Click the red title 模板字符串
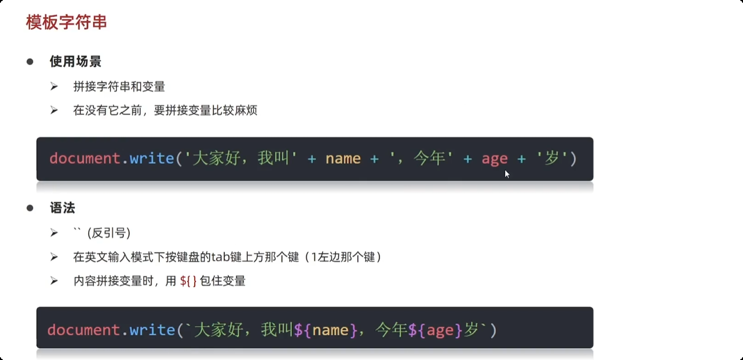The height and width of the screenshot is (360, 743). tap(66, 22)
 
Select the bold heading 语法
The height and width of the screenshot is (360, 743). tap(62, 208)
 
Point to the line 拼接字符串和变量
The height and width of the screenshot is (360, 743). tap(119, 86)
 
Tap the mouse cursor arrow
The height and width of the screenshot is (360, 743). tap(507, 173)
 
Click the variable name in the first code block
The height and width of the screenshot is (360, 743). tap(343, 159)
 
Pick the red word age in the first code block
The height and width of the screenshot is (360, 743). tap(495, 159)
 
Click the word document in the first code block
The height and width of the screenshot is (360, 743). tap(84, 159)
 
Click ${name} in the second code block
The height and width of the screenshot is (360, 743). tap(326, 330)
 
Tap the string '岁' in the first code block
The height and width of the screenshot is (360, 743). tap(552, 159)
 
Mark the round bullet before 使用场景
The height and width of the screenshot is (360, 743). tap(30, 62)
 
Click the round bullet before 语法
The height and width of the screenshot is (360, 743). tap(30, 208)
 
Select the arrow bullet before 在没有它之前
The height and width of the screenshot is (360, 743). tap(54, 110)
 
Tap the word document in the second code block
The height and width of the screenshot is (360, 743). tap(83, 330)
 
